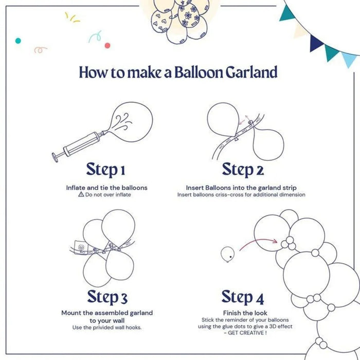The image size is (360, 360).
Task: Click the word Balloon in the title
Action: tap(197, 72)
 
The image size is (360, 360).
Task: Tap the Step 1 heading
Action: tap(106, 169)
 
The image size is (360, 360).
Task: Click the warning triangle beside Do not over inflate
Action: tap(81, 195)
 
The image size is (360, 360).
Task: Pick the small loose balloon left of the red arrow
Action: tap(227, 253)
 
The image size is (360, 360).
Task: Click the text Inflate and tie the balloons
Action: tap(106, 188)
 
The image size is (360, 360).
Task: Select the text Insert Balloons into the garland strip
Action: tap(241, 188)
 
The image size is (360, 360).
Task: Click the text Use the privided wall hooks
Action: tap(107, 327)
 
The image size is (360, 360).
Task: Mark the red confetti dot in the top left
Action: tap(107, 45)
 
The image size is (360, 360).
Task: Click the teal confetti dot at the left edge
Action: tap(18, 40)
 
